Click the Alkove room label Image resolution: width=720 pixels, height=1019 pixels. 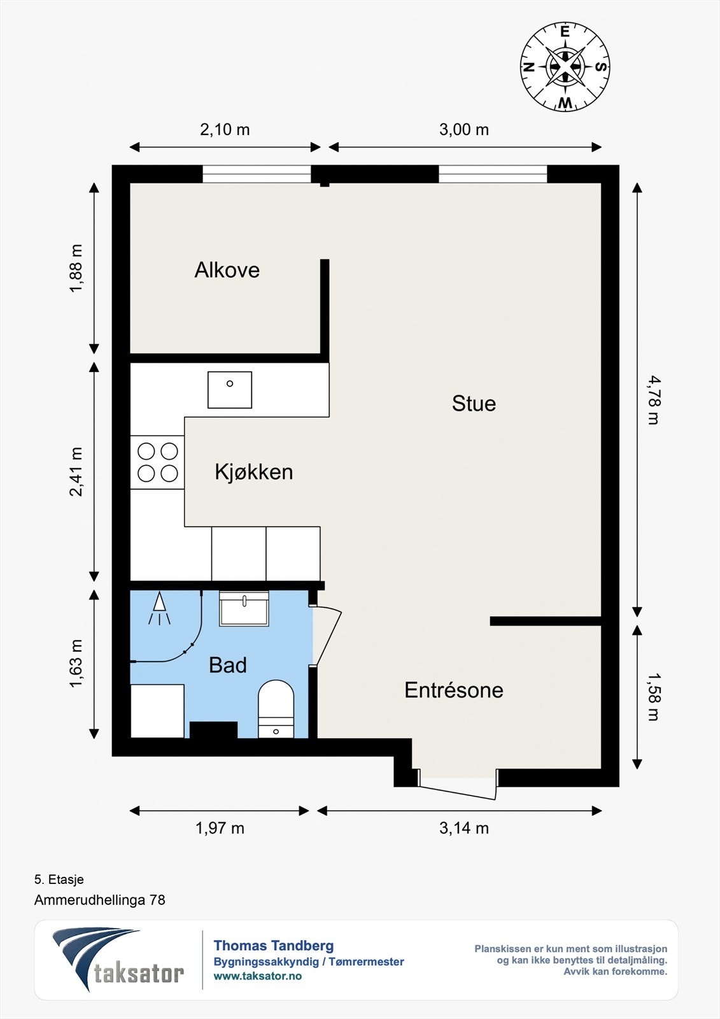(227, 270)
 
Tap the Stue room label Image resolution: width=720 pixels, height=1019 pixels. (474, 404)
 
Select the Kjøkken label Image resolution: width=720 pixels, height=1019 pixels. (254, 472)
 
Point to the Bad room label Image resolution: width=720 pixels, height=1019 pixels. (228, 665)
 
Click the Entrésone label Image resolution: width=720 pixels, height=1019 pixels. (454, 690)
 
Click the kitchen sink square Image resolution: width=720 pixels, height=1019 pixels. (230, 390)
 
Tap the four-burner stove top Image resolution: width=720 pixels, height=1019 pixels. (157, 462)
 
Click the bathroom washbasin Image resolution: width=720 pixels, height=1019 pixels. (244, 609)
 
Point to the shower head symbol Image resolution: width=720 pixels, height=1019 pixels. (159, 608)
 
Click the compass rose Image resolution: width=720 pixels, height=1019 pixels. (565, 67)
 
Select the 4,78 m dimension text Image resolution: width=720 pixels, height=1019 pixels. (653, 401)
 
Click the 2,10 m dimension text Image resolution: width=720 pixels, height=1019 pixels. (225, 130)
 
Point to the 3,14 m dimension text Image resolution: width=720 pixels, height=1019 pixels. (464, 828)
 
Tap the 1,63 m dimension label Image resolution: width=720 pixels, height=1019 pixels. (76, 664)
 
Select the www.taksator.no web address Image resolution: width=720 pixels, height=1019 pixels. (258, 976)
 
